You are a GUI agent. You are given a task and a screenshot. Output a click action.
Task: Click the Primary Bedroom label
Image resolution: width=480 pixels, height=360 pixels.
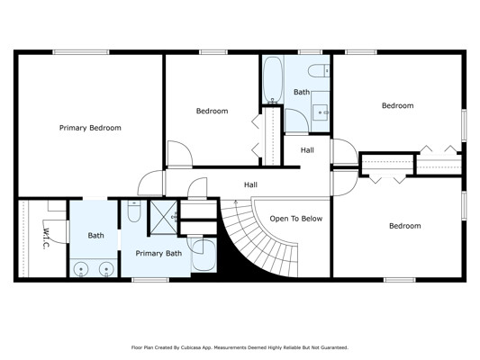point(90,128)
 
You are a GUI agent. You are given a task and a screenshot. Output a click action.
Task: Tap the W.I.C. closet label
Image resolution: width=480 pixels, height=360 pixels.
point(46,238)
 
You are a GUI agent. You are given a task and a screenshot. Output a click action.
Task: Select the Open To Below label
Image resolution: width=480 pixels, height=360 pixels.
point(296,219)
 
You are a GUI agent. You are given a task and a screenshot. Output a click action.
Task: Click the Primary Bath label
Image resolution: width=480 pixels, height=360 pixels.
point(158,253)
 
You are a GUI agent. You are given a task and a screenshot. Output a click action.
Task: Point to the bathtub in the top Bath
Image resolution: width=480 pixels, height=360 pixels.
point(273,79)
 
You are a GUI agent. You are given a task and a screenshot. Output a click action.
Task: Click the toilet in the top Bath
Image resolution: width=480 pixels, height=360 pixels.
point(319,71)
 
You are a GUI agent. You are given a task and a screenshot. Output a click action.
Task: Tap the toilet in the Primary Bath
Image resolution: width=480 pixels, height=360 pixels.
point(134,211)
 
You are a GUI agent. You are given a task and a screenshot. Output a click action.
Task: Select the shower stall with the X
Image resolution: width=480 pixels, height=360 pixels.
point(164,218)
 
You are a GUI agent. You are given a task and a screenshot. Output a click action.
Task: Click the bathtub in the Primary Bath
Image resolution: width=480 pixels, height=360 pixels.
point(204,255)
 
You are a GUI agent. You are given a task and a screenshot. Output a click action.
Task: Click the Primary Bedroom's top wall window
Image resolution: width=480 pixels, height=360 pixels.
point(81,52)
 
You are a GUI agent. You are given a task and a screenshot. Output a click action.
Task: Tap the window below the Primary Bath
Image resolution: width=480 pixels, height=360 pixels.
point(150,280)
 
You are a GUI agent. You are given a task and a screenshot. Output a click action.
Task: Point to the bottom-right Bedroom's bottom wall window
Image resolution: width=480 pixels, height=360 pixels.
point(400,280)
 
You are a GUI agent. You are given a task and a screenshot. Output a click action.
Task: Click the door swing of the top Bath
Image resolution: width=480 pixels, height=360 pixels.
point(296,121)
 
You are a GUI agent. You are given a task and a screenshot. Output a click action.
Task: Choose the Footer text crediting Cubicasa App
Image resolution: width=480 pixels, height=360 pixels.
point(240,347)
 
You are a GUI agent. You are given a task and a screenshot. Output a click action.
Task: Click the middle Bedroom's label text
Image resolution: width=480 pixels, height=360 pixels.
point(212,111)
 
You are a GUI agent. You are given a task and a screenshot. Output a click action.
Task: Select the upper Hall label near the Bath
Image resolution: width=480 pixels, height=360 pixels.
point(307,150)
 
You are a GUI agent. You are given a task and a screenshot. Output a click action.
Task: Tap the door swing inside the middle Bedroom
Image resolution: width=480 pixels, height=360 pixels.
point(180,154)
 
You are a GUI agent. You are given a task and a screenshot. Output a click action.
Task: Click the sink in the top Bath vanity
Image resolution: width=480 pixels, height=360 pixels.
point(321,112)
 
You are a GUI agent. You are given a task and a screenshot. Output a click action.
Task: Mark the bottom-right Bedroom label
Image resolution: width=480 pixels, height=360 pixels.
point(404,226)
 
